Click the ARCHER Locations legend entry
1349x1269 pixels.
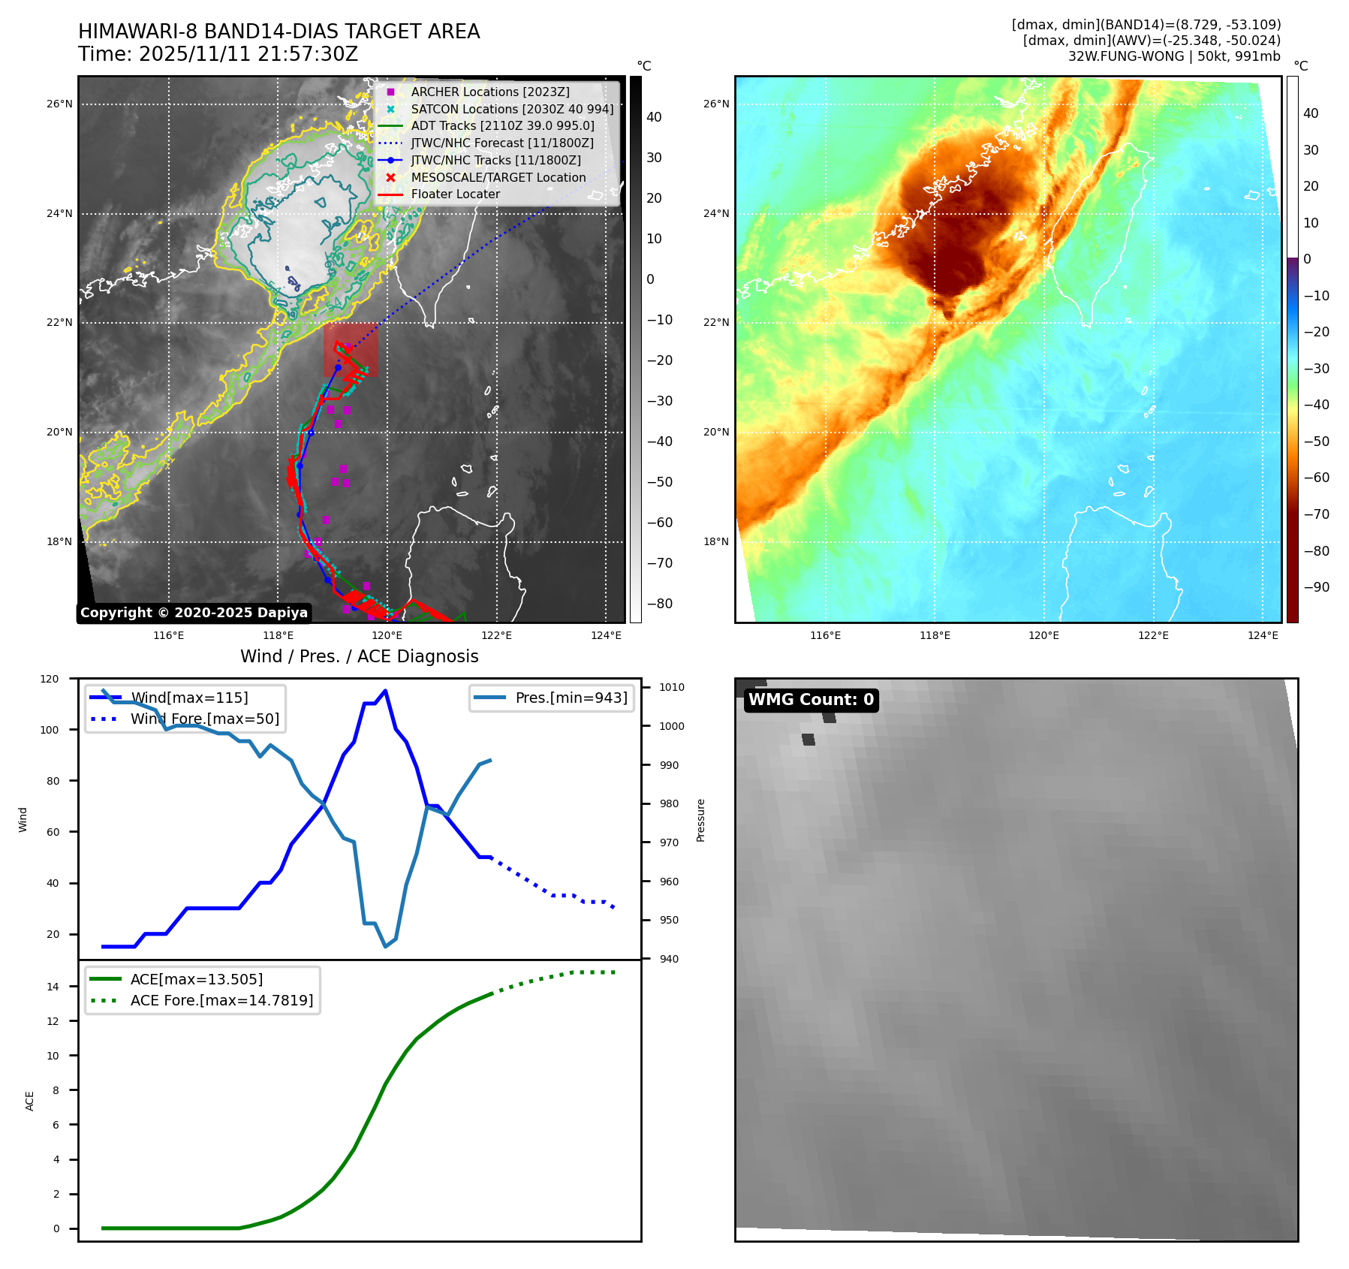489,92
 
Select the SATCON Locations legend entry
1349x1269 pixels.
512,109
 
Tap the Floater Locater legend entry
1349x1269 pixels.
455,194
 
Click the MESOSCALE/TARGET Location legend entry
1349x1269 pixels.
498,177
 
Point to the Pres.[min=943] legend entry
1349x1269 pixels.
571,698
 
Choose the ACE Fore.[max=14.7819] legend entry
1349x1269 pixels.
221,1000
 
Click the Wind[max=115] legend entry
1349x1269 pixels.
188,698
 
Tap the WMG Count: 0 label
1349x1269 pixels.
811,700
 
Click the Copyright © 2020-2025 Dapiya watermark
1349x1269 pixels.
194,613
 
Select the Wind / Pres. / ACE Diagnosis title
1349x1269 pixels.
359,656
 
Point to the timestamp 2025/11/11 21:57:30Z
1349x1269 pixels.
248,54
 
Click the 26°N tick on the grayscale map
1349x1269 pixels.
59,104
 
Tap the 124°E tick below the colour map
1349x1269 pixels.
1263,635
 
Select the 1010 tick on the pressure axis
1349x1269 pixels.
672,687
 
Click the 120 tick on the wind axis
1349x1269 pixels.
50,679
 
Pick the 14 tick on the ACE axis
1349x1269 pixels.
53,987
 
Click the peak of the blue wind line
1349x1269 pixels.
385,691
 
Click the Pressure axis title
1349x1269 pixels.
700,820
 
